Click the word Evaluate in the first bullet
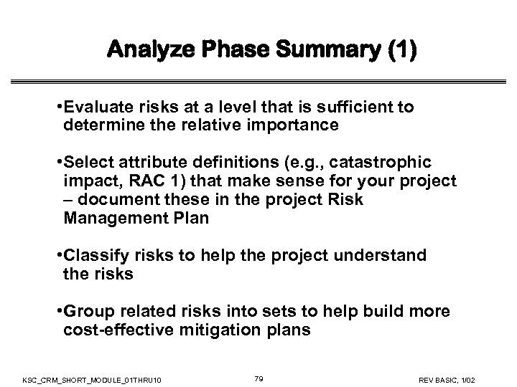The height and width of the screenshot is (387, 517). (x=94, y=107)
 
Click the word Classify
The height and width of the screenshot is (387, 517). (x=93, y=256)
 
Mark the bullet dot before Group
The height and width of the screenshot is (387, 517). (x=57, y=313)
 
